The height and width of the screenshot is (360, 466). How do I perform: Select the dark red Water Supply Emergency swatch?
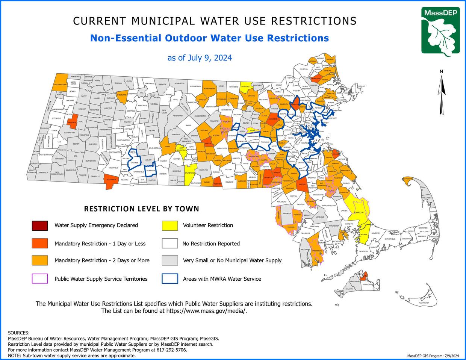pos(40,225)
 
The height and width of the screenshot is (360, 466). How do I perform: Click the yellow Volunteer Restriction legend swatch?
pos(170,225)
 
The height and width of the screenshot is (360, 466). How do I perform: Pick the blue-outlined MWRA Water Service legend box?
pos(170,279)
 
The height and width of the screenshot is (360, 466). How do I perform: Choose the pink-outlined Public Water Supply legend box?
pos(40,279)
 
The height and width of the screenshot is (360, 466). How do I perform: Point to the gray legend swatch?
pos(170,260)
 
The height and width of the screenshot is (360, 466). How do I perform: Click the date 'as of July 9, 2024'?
pos(200,58)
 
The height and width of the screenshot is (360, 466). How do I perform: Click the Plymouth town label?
pos(359,213)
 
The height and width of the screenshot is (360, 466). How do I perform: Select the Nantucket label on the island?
pos(424,303)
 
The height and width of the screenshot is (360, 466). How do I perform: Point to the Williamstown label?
pos(60,85)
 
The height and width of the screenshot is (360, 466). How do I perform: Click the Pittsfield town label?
pos(56,118)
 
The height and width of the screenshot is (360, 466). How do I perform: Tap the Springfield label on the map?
pos(139,172)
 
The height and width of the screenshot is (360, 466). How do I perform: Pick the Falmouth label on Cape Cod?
pos(363,251)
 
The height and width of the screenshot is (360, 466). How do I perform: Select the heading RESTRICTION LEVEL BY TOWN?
pos(141,209)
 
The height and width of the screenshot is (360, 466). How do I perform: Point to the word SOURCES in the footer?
pos(18,333)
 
